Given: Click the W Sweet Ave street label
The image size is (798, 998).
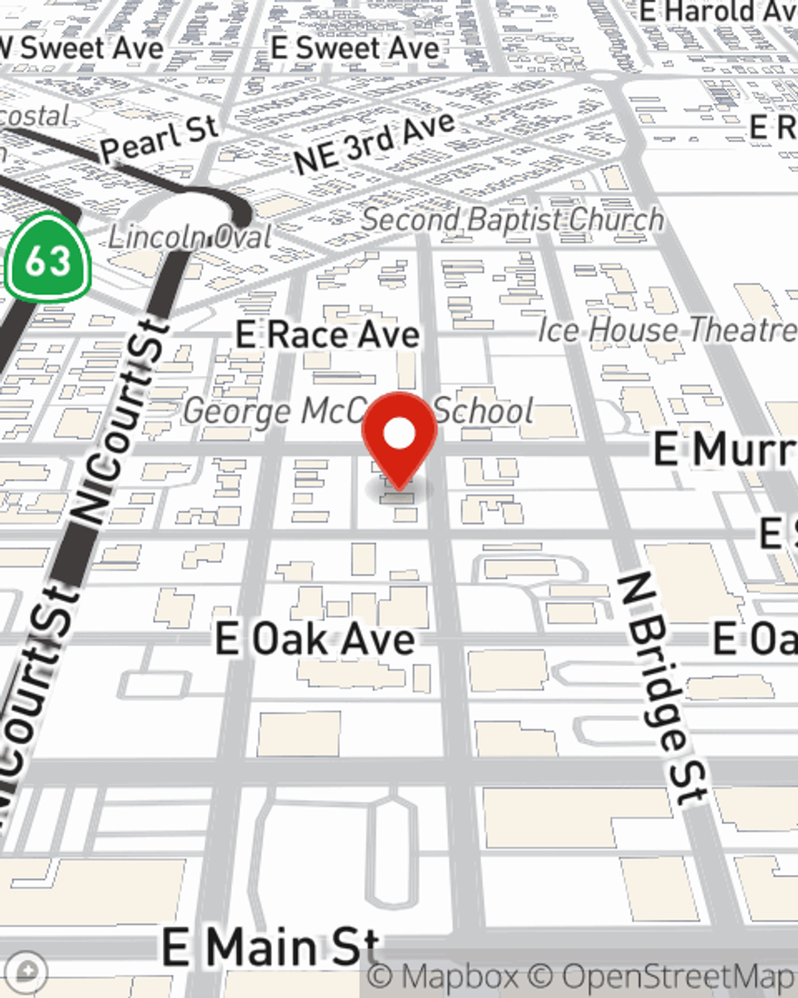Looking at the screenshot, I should coord(84,48).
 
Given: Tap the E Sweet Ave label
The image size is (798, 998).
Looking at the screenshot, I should coord(355,48).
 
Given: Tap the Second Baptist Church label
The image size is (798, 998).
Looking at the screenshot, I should coord(512,220).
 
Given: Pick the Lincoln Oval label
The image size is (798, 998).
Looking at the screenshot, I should coord(190,236).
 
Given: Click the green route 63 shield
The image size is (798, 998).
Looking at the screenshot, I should coord(48,259).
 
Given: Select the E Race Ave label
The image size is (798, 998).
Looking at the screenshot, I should coord(327,335).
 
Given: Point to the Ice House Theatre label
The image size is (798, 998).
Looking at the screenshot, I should coord(667,330).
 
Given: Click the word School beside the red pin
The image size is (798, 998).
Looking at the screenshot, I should coord(484,410).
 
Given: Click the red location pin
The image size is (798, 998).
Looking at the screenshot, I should coord(399,435).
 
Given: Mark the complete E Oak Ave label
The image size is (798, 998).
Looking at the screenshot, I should coord(315,640).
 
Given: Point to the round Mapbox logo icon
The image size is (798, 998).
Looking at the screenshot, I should coord(27,972).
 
